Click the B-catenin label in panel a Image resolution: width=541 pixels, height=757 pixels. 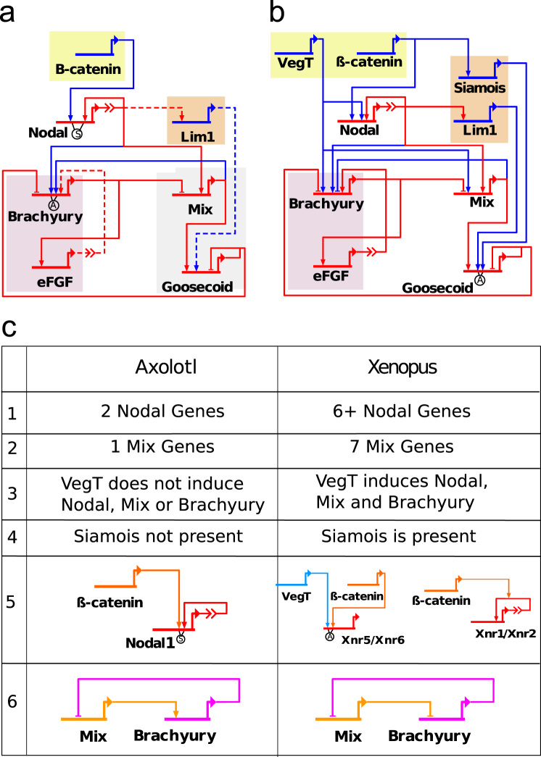tap(88, 70)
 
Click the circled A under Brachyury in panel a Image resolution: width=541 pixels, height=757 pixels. tap(53, 203)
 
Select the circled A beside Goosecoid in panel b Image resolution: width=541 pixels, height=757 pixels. tap(478, 280)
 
